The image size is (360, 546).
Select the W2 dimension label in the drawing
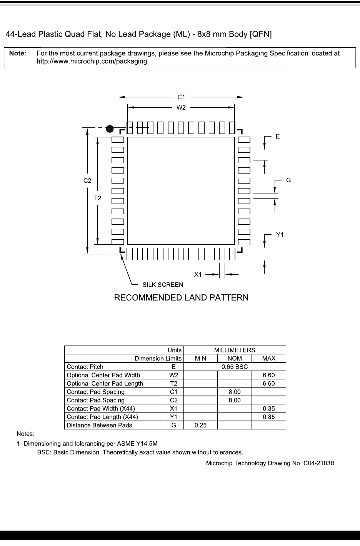pos(181,108)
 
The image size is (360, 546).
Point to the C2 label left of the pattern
pos(87,180)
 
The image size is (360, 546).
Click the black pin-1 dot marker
pos(110,129)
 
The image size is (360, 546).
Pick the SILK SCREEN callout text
pos(163,285)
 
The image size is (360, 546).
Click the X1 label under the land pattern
pos(198,274)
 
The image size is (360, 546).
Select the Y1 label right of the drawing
pos(280,234)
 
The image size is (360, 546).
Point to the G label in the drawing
pos(288,180)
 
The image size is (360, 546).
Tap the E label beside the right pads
pos(278,136)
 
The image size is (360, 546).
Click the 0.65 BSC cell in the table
pos(235,367)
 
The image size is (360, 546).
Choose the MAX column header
pos(268,358)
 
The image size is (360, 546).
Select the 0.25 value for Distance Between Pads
pos(200,425)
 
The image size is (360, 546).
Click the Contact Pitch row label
pos(85,367)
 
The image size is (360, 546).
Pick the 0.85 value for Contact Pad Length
pos(268,417)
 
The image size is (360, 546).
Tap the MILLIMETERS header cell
pos(235,350)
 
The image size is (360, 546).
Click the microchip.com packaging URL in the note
pos(92,61)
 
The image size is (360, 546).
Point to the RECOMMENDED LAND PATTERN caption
pos(181,297)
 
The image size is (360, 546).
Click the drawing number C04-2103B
pos(270,463)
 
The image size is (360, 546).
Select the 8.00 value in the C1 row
pos(235,392)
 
